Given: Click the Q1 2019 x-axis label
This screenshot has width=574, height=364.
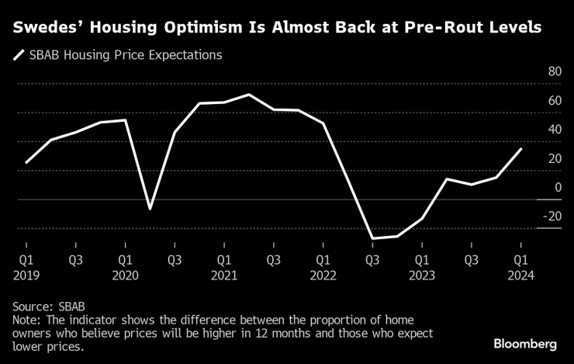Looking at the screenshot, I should tap(26, 267).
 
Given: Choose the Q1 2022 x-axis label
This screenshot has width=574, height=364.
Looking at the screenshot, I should tap(323, 267).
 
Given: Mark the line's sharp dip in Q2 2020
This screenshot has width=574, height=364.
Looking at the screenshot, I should tap(150, 209).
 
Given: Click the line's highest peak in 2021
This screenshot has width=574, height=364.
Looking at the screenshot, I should tap(248, 95).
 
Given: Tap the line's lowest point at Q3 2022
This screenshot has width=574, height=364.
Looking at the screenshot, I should tap(372, 238).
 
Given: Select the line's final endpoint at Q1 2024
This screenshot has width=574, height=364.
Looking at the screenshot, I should tap(521, 149).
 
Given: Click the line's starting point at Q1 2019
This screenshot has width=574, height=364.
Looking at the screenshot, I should tap(26, 163).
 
